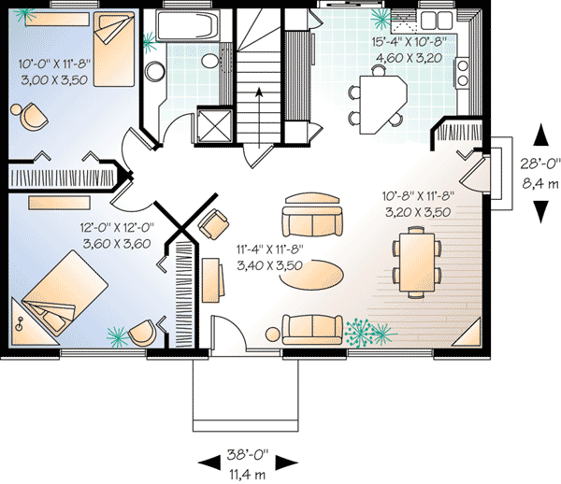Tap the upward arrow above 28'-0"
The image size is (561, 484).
[539, 135]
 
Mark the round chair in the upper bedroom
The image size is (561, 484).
[33, 114]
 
